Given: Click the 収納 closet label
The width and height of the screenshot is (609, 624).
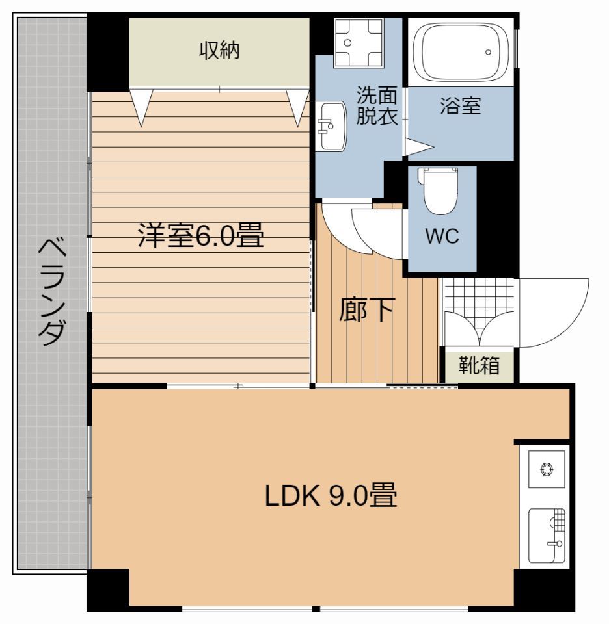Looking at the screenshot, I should pos(219,51).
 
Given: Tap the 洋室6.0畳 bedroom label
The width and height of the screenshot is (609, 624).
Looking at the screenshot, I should pos(200,236).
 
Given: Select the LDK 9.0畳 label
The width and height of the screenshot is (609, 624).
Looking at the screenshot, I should pos(331,497).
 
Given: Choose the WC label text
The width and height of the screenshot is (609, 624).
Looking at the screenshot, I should pos(442,237).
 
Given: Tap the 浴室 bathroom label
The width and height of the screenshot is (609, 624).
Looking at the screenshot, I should pos(460,106).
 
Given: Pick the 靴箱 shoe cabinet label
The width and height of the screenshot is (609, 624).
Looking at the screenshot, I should pos(480,366).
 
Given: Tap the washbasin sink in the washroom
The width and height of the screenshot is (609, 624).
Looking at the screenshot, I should pos(332,125).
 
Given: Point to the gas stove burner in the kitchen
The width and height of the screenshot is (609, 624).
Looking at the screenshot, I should pos(545,467).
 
